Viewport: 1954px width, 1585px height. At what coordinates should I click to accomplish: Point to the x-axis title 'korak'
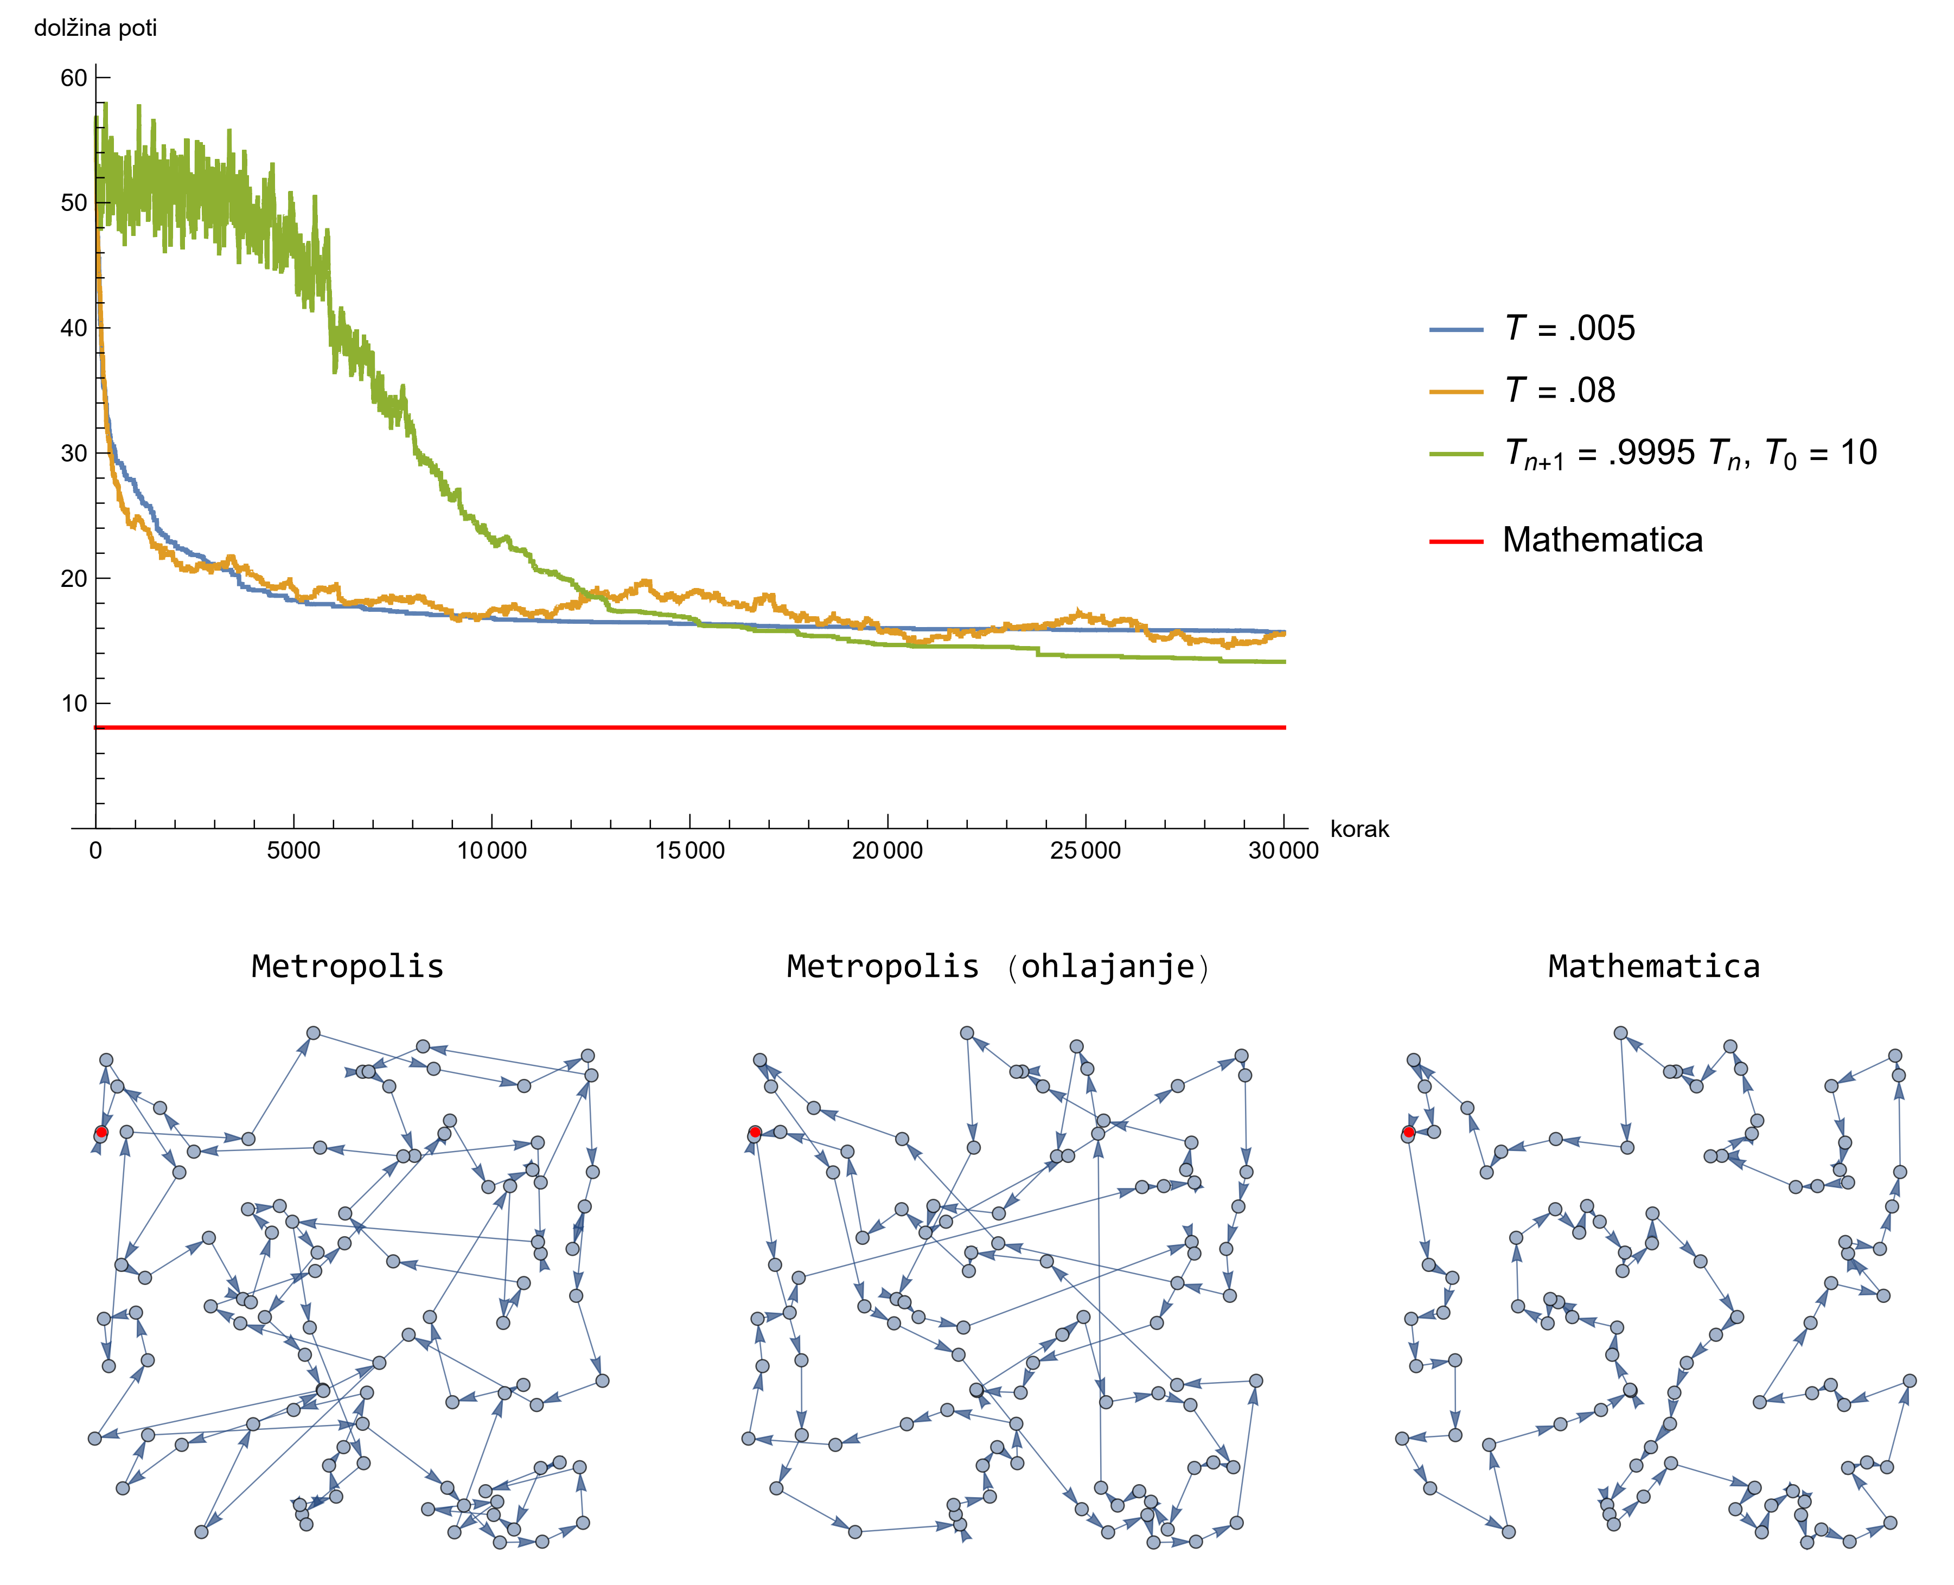[1359, 829]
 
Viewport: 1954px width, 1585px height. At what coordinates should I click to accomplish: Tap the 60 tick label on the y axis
[74, 79]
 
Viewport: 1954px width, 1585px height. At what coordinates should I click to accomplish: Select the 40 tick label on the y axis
[74, 329]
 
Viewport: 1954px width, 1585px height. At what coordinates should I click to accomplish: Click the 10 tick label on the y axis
[74, 704]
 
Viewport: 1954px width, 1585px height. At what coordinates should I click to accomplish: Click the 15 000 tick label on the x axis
[689, 851]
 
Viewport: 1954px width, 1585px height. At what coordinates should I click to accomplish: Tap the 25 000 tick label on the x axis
[1085, 851]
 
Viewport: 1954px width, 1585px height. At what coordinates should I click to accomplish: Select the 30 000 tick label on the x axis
[1283, 851]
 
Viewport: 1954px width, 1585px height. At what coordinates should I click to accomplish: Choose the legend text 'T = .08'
[1560, 391]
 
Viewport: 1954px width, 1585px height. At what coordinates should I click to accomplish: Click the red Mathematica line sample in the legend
[1457, 541]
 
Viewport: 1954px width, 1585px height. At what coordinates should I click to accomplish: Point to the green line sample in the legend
[1457, 454]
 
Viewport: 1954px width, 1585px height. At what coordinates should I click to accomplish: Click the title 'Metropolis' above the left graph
[347, 966]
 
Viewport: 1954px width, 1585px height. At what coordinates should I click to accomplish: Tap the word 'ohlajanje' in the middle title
[1108, 966]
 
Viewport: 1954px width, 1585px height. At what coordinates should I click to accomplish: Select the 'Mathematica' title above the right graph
[1653, 966]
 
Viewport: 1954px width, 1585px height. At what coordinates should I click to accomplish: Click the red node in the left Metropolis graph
[101, 1132]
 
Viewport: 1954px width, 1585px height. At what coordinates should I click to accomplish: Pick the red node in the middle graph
[755, 1132]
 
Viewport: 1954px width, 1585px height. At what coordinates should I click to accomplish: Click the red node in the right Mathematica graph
[1409, 1132]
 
